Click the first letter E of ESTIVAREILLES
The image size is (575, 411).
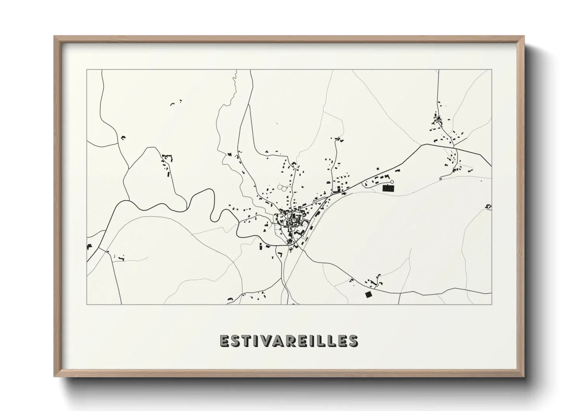(x=225, y=340)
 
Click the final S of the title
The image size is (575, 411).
(x=353, y=340)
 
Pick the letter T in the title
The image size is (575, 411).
(x=247, y=340)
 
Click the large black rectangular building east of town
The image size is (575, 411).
(x=388, y=188)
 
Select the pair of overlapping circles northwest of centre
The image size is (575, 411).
(x=282, y=188)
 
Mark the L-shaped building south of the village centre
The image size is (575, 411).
(x=279, y=254)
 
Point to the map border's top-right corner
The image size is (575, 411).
(x=491, y=70)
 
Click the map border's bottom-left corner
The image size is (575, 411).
(x=87, y=304)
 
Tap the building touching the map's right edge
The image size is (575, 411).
(x=489, y=207)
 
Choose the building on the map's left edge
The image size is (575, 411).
(x=89, y=246)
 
